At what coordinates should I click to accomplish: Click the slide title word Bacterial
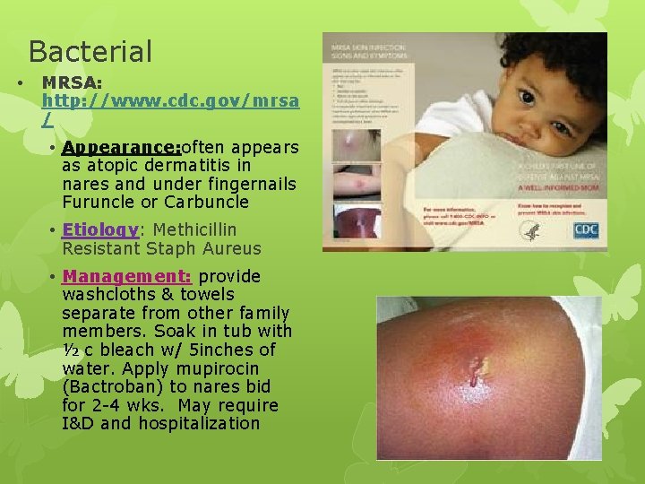(x=90, y=51)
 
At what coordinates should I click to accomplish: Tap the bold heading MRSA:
(x=74, y=82)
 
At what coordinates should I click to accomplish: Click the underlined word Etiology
(x=99, y=230)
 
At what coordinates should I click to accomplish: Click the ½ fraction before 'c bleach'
(x=71, y=350)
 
